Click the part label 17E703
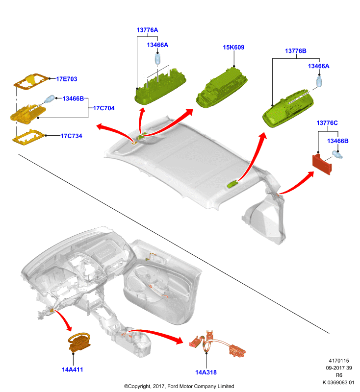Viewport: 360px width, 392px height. pos(67,79)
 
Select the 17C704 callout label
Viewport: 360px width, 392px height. pos(104,108)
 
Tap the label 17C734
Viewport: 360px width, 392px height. pos(72,136)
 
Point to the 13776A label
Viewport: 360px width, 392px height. pos(147,30)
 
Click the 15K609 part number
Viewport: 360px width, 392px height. pos(233,47)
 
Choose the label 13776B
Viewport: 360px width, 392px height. pos(296,51)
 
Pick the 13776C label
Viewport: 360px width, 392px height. pos(327,123)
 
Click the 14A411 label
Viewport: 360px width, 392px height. pos(72,369)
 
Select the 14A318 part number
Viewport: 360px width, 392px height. pos(206,372)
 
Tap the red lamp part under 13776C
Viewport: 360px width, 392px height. pos(322,164)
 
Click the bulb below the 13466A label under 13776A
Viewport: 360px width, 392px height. pos(157,59)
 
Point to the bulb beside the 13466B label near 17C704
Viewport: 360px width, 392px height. pos(50,99)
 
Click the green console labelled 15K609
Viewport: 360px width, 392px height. pos(221,88)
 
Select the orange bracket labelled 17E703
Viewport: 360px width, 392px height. pos(31,81)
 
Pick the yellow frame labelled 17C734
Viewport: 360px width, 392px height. pos(28,137)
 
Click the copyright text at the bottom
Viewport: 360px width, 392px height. pos(179,386)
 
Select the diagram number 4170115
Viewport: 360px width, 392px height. pos(339,361)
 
